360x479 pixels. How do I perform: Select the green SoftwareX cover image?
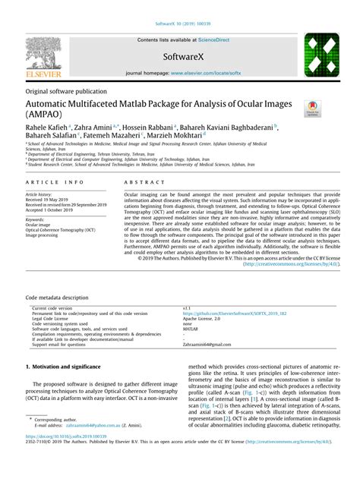(x=321, y=56)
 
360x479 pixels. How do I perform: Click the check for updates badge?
(x=311, y=109)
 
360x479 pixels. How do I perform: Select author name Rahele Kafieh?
(x=47, y=129)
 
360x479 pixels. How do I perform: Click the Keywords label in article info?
(x=39, y=219)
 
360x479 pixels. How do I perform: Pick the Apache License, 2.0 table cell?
(x=204, y=318)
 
